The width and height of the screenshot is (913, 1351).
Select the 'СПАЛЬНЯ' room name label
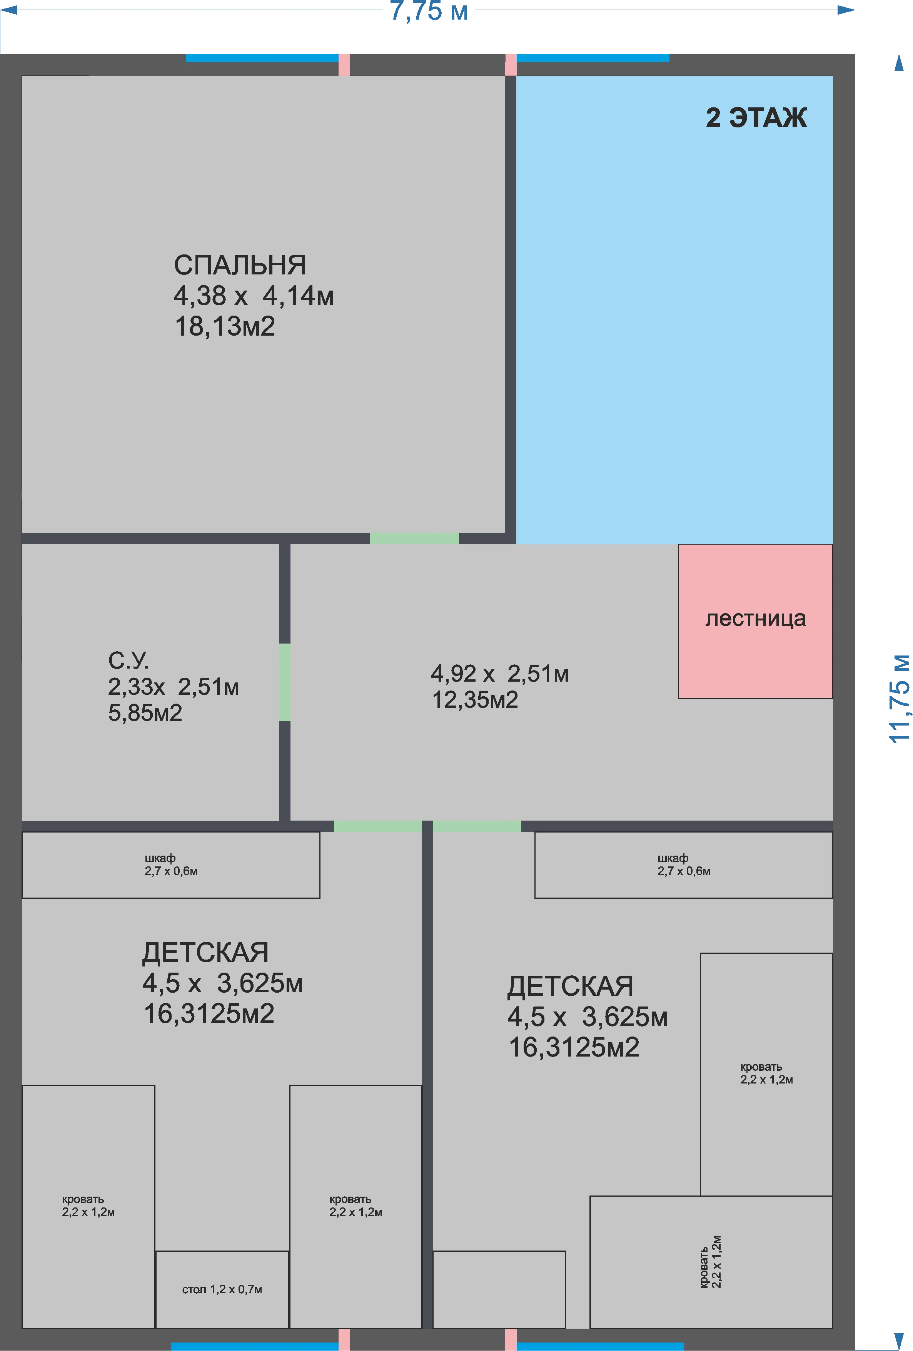pyautogui.click(x=239, y=265)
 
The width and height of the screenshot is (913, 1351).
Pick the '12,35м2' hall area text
pyautogui.click(x=475, y=700)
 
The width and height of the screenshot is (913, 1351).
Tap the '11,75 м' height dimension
pyautogui.click(x=899, y=699)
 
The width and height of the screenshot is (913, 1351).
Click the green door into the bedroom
pyautogui.click(x=414, y=538)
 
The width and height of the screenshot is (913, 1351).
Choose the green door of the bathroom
pyautogui.click(x=285, y=682)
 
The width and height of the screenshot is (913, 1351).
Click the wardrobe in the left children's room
pyautogui.click(x=171, y=865)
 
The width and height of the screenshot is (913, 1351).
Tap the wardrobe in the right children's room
pyautogui.click(x=683, y=865)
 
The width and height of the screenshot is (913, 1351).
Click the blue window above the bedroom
pyautogui.click(x=262, y=58)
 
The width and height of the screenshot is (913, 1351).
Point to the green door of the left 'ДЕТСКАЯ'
pyautogui.click(x=378, y=827)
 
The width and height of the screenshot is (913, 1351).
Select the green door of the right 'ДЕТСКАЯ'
pyautogui.click(x=477, y=827)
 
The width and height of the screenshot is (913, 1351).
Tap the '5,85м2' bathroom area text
pyautogui.click(x=145, y=713)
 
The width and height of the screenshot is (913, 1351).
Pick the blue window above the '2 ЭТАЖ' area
pyautogui.click(x=593, y=58)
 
